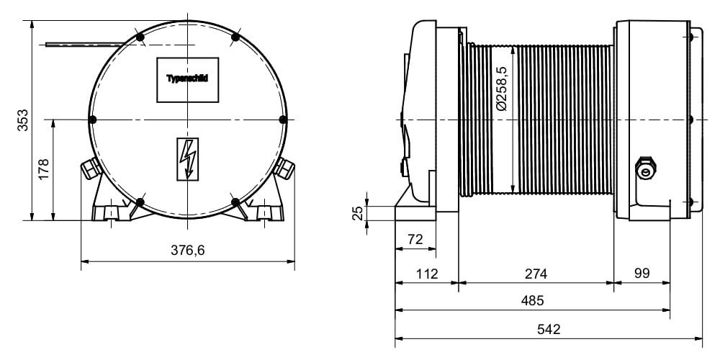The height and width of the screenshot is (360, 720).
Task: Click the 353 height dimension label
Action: click(x=22, y=120)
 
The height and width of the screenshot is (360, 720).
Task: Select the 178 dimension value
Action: click(x=44, y=169)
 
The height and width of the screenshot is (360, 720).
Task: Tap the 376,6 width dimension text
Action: click(x=187, y=251)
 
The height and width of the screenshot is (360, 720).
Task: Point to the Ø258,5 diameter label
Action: click(x=501, y=89)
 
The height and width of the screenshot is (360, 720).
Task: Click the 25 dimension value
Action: click(x=358, y=213)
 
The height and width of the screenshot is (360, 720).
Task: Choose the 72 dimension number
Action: click(x=415, y=239)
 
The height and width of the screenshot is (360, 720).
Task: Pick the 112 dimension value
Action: click(x=427, y=274)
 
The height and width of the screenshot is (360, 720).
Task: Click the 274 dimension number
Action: click(x=536, y=274)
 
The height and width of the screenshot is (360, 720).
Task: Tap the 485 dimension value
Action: click(x=532, y=301)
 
